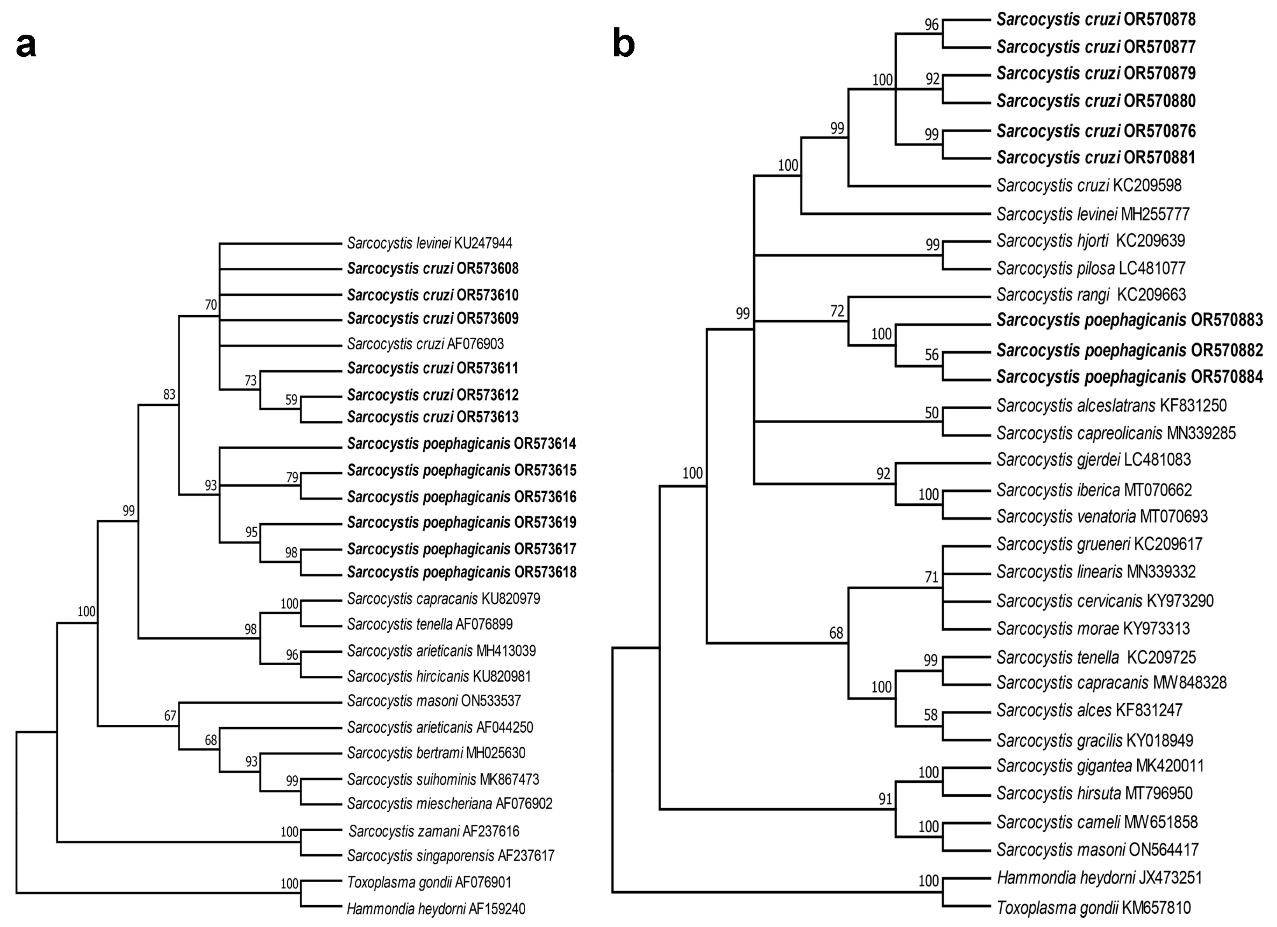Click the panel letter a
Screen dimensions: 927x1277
(26, 46)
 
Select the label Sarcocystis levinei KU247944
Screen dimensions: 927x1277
(429, 243)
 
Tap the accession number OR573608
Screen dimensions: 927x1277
(488, 268)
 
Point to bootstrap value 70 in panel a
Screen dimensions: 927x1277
(210, 305)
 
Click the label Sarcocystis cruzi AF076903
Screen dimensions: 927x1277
(425, 343)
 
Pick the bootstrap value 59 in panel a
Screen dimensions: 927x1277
(291, 400)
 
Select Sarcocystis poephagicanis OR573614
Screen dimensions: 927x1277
(461, 443)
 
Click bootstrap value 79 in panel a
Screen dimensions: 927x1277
(292, 477)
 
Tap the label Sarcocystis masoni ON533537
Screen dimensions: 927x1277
(433, 701)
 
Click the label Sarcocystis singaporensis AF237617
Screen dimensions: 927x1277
(451, 855)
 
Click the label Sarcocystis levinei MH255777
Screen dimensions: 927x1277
(1092, 214)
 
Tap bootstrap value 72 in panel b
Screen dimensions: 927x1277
(837, 311)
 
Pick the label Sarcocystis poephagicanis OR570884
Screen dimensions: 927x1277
(1129, 377)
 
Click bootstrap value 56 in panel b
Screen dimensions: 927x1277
(932, 355)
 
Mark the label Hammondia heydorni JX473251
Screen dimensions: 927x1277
(1098, 878)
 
